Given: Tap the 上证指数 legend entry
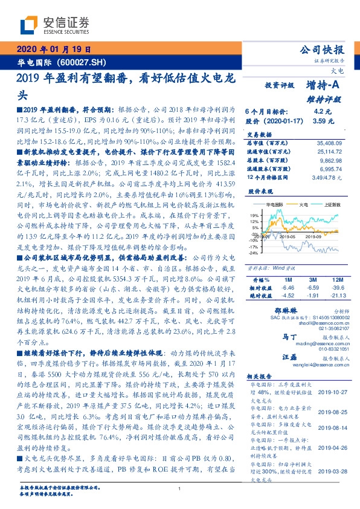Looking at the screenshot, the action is pos(332,205).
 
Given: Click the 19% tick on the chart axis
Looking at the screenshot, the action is pos(254,215).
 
